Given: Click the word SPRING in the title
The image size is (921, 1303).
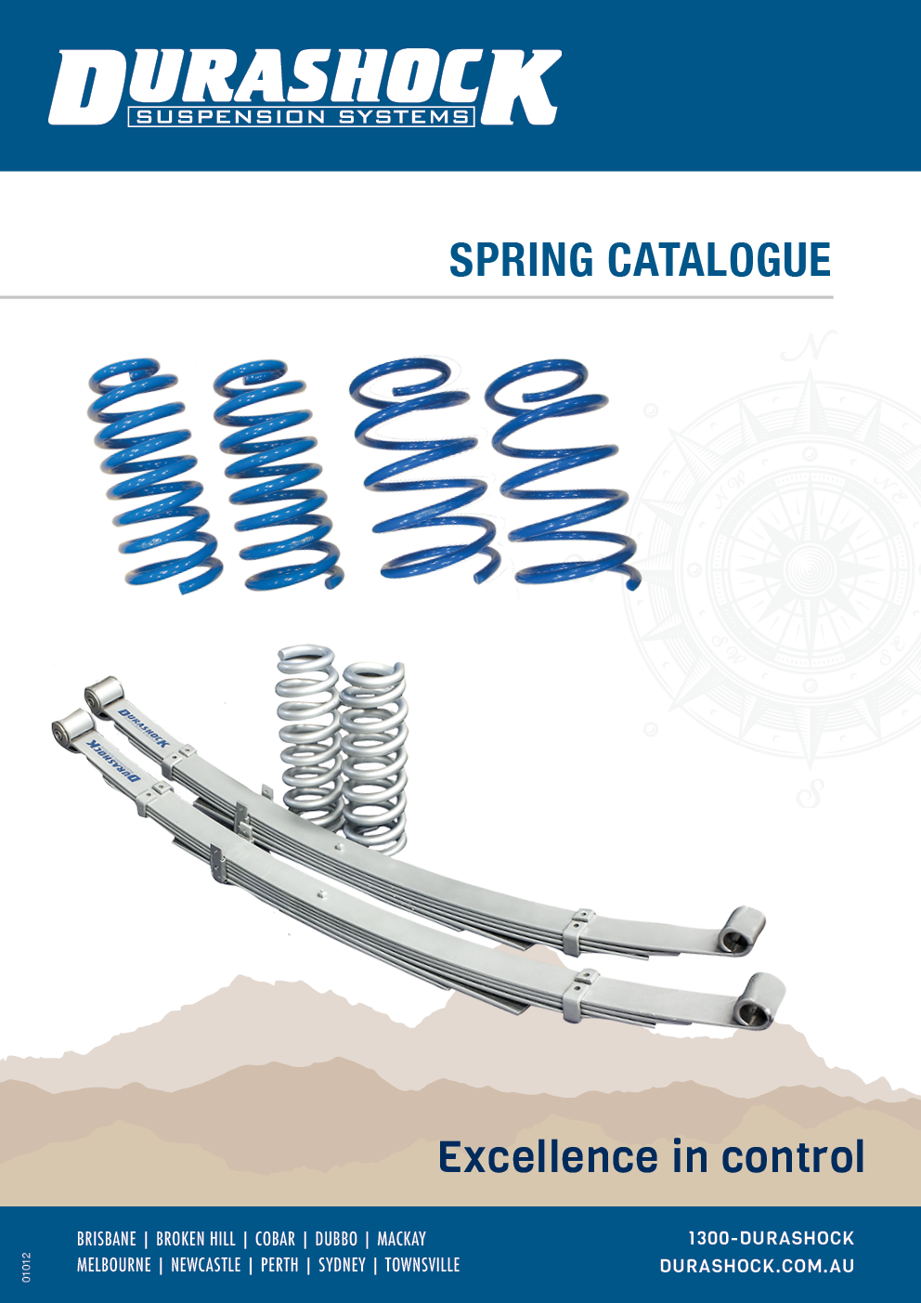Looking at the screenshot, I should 521,260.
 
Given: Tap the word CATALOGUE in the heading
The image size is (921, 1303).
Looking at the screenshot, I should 719,260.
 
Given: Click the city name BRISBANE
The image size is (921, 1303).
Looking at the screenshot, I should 106,1239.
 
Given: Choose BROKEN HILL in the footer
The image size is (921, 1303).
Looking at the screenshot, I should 196,1239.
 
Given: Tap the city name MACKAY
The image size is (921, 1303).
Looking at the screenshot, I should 401,1239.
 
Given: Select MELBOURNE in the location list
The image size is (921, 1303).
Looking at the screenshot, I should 113,1265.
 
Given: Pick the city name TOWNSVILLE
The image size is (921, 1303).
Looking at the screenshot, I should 422,1265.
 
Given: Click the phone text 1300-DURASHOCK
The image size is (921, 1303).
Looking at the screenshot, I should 771,1238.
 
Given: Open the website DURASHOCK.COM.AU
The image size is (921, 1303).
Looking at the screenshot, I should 757,1266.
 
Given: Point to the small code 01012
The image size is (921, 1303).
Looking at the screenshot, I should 26,1268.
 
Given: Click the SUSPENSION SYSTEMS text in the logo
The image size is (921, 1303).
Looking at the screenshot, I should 302,117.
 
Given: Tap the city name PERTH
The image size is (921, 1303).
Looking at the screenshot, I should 279,1265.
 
